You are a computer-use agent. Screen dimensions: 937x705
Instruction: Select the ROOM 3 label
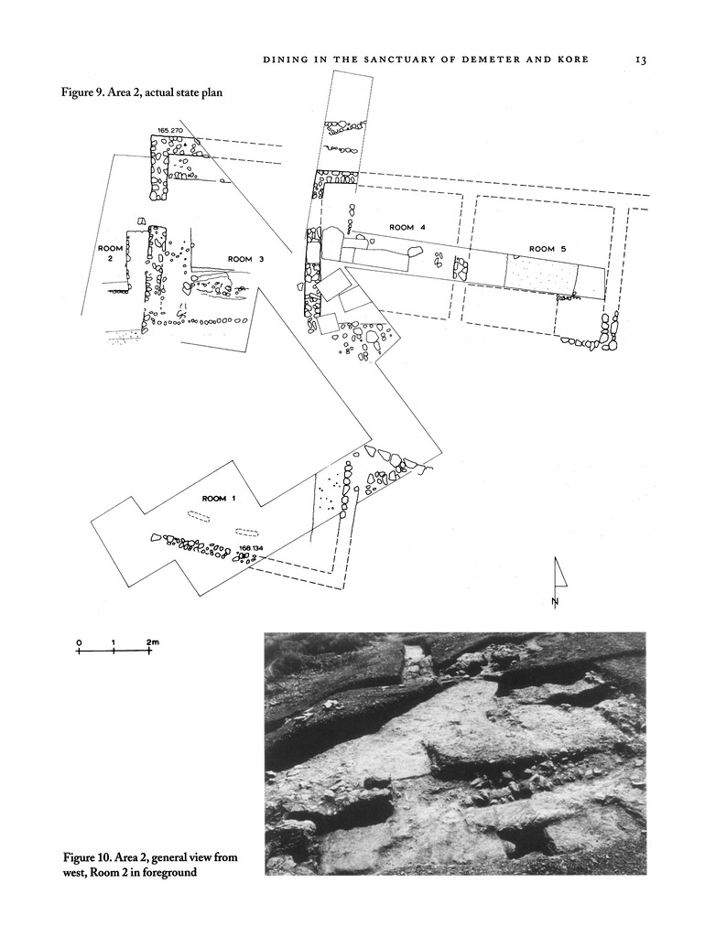click(x=245, y=259)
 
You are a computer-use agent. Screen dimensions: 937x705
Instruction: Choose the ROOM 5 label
click(x=548, y=249)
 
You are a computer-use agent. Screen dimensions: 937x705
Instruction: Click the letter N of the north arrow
click(x=556, y=601)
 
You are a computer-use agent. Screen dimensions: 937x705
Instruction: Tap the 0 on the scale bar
click(x=79, y=642)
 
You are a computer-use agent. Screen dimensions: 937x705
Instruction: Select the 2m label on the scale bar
click(x=152, y=642)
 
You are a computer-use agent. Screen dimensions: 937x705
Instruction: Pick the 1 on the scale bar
click(x=113, y=642)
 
